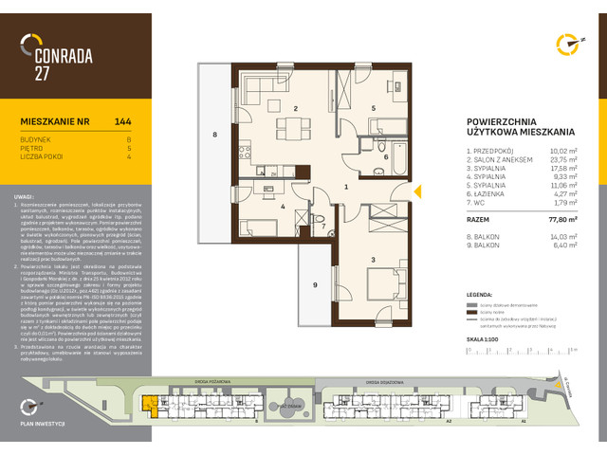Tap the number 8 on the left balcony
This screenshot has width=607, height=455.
(x=215, y=136)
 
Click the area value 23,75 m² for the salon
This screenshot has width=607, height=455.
(x=568, y=157)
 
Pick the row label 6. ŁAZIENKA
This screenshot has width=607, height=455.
(x=487, y=192)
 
